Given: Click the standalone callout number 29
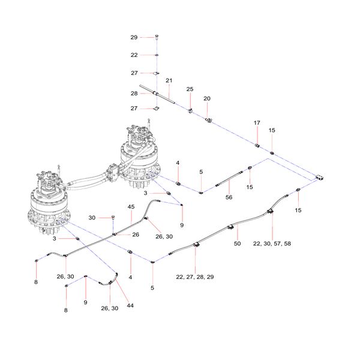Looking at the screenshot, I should (x=134, y=37).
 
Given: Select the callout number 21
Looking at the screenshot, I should (x=169, y=80).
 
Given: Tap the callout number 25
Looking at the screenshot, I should (x=190, y=89).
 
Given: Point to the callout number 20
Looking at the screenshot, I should (x=207, y=98).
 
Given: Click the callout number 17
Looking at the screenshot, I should (x=257, y=123).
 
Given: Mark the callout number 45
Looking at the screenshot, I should (x=131, y=207).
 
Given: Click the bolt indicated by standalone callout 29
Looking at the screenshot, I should (x=156, y=38).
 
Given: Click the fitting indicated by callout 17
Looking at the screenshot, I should (x=258, y=145).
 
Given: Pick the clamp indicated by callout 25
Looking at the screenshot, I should (x=190, y=110).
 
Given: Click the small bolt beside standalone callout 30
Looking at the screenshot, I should (x=113, y=218).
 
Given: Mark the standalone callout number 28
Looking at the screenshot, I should (x=134, y=94).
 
